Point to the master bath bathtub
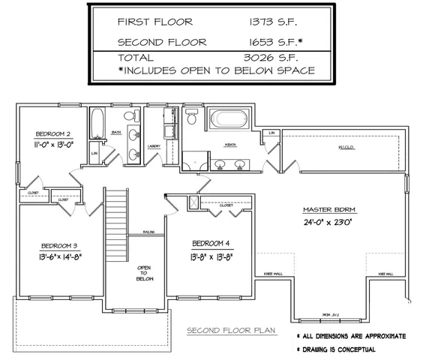point(229,119)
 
